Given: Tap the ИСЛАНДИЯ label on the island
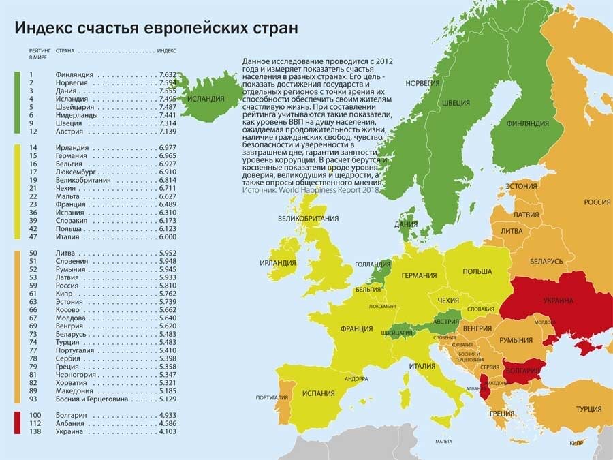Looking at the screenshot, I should [205, 99].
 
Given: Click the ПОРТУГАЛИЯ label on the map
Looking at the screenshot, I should [270, 397].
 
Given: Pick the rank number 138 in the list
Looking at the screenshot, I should [35, 431].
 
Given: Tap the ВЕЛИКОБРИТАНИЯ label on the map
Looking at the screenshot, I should [308, 219].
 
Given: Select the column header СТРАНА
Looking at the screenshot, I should [65, 51].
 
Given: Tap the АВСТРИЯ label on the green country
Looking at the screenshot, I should [445, 322].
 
